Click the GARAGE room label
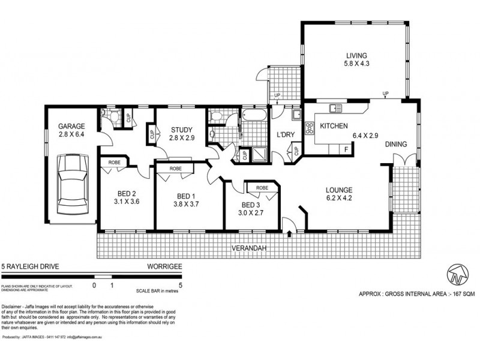[x=71, y=127]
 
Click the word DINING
[x=398, y=144]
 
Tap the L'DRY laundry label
[x=285, y=134]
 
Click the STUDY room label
[x=181, y=130]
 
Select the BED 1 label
[x=187, y=196]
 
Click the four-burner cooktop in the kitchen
[x=310, y=128]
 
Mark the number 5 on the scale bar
[x=181, y=286]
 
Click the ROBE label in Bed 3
[x=261, y=187]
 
